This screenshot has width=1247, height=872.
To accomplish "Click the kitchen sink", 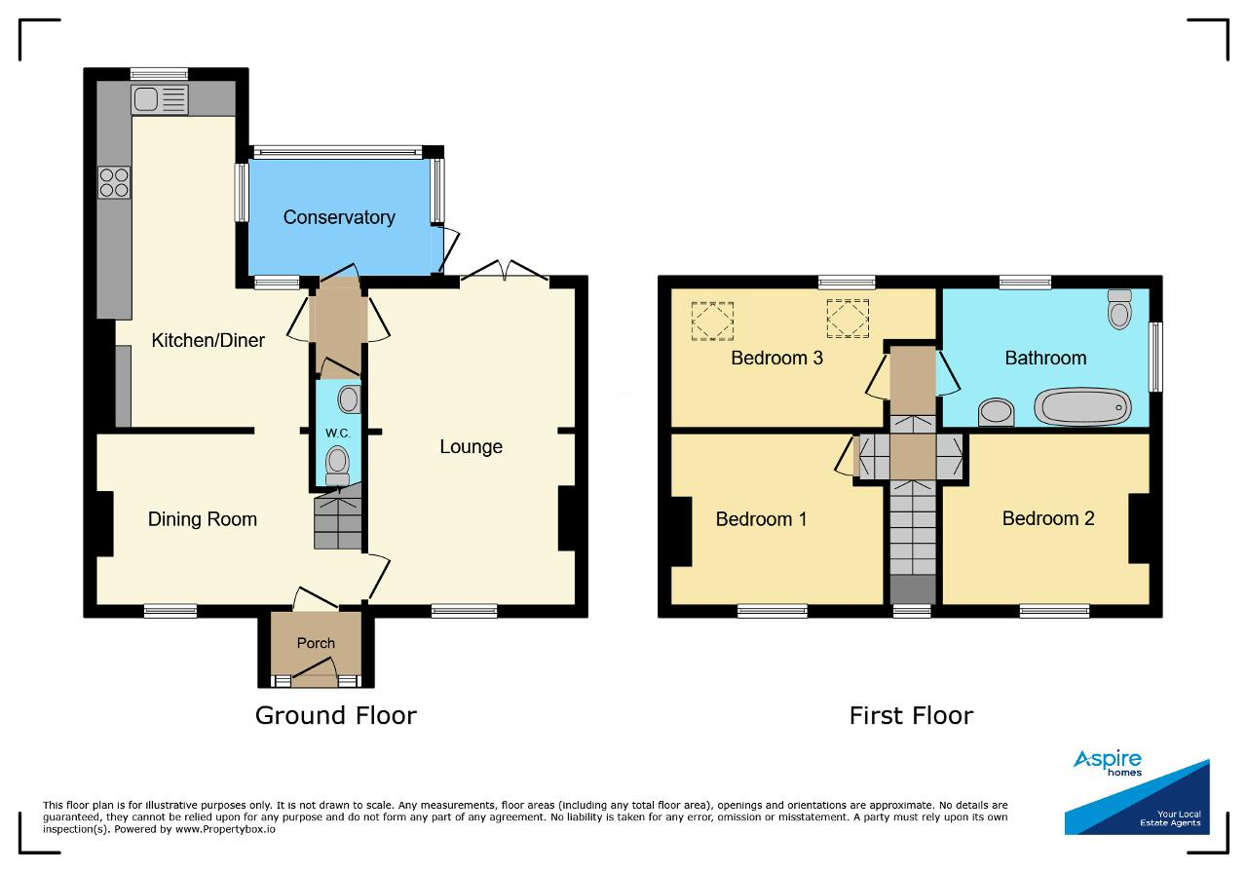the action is pos(160,99).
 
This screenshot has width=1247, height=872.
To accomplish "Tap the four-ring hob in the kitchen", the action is pos(114,182).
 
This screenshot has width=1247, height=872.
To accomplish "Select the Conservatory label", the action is pos(339,217).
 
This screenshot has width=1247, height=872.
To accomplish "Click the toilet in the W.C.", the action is pos(337,466).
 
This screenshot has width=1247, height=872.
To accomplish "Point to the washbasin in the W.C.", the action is pos(349,399).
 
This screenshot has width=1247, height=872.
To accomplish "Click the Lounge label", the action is pos(471,446).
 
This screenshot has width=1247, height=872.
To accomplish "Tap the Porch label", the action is pos(316,643).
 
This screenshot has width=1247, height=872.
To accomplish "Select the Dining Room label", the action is pos(202,519).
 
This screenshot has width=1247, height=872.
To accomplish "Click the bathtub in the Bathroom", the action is pos(1082,407).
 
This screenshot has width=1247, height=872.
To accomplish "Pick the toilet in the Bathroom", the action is pos(1119,309).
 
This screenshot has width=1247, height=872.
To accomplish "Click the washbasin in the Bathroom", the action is pos(996,412).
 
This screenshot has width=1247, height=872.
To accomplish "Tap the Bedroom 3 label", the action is pos(776,358).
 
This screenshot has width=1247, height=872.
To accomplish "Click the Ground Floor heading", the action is pos(336,715).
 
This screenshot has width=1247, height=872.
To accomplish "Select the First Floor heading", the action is pos(911,715).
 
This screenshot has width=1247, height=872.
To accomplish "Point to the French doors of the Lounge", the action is pos(505,271).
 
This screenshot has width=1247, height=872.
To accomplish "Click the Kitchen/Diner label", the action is pos(208,340).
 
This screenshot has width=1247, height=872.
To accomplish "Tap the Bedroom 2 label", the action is pos(1048,518).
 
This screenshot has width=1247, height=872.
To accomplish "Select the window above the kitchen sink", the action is pos(159,74).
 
